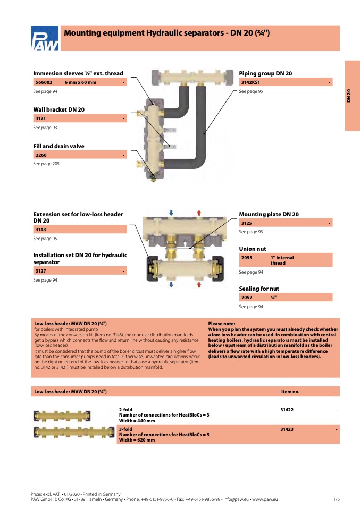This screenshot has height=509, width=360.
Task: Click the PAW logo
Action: [46, 39]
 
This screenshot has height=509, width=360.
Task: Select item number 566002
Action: [44, 82]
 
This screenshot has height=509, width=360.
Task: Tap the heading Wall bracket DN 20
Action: [58, 109]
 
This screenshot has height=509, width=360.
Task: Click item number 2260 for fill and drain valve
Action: [41, 155]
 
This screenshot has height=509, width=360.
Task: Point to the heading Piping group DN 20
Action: [265, 73]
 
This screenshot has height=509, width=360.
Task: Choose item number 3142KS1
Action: [250, 82]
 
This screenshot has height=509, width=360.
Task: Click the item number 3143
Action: [41, 230]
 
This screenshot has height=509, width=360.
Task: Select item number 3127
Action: [41, 271]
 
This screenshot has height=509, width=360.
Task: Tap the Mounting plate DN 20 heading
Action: [269, 214]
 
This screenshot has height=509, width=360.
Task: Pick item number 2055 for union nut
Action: [247, 258]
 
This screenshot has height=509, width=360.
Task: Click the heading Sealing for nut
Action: [259, 289]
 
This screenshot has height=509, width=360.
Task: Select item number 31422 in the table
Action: [287, 410]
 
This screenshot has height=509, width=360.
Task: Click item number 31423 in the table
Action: [287, 429]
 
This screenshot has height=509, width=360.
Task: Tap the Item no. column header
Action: [290, 392]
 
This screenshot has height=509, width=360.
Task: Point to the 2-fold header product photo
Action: [62, 415]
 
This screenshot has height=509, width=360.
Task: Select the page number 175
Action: [337, 499]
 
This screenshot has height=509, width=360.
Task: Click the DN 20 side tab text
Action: [349, 96]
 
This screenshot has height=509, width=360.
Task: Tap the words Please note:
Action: [221, 323]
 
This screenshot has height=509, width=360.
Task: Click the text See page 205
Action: [46, 164]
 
